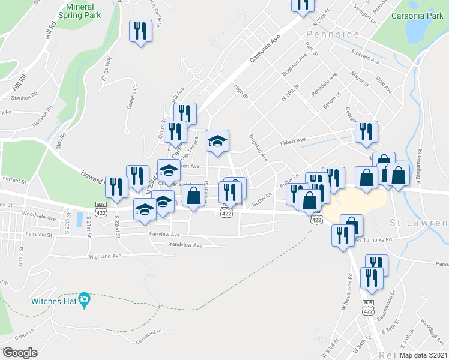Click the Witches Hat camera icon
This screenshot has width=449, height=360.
pos(85,299)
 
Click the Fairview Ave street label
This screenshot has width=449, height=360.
pos(164,235)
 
